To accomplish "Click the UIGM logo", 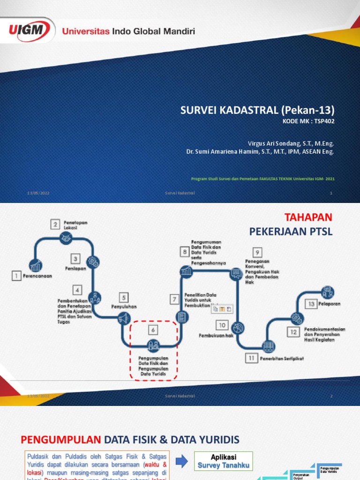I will click(x=30, y=30).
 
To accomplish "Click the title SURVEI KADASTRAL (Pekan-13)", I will click(x=258, y=110).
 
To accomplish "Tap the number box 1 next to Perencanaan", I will click(x=17, y=276).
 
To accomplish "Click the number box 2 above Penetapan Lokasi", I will click(x=56, y=224).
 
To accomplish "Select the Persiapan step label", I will click(x=75, y=268).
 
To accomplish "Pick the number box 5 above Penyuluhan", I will click(x=124, y=297).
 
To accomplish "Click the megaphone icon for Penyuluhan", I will click(x=123, y=319).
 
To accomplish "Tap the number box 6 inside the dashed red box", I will click(x=153, y=330).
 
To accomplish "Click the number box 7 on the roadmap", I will click(x=175, y=299).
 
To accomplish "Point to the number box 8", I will click(x=184, y=252).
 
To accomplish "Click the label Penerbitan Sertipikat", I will click(x=281, y=359).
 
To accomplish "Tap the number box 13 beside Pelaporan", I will click(x=310, y=304).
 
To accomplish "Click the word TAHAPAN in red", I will click(x=308, y=217).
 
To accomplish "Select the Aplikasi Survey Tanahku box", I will click(x=224, y=461).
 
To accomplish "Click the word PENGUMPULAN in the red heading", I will click(x=61, y=439).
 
